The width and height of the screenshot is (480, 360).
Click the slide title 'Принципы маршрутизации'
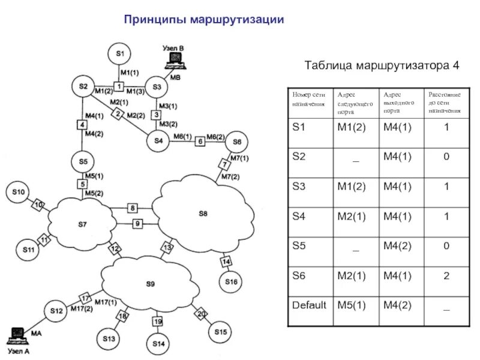pyautogui.click(x=203, y=20)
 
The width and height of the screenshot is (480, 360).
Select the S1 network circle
pyautogui.click(x=120, y=54)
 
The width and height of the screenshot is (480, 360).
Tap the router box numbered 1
pyautogui.click(x=119, y=87)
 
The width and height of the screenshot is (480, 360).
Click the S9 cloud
pyautogui.click(x=150, y=283)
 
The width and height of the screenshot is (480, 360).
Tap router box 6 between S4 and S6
pyautogui.click(x=200, y=142)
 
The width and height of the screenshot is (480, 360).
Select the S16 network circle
pyautogui.click(x=231, y=281)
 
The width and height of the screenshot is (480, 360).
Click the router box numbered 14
pyautogui.click(x=226, y=262)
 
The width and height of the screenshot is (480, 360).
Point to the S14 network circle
pyautogui.click(x=158, y=344)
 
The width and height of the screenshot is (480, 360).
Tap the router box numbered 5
pyautogui.click(x=82, y=184)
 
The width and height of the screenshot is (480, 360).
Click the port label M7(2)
pyautogui.click(x=230, y=176)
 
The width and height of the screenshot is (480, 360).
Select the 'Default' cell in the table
pyautogui.click(x=309, y=305)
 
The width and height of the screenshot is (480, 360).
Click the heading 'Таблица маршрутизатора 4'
pyautogui.click(x=382, y=65)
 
